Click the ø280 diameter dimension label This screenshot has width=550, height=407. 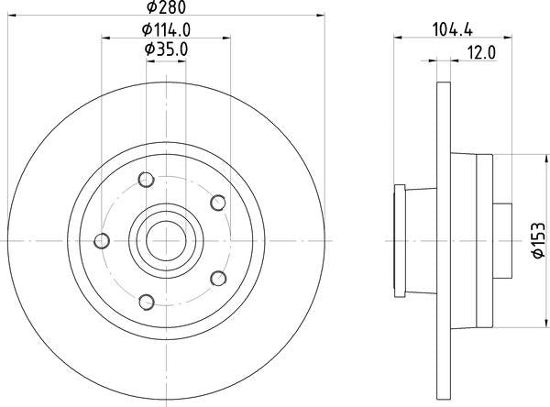pyautogui.click(x=166, y=7)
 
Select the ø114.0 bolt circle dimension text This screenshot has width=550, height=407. pyautogui.click(x=166, y=30)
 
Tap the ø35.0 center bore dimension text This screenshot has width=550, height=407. pyautogui.click(x=166, y=49)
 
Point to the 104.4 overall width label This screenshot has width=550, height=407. pyautogui.click(x=453, y=29)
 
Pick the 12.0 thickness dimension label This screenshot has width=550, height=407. pyautogui.click(x=481, y=53)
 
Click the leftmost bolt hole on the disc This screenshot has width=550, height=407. pyautogui.click(x=102, y=241)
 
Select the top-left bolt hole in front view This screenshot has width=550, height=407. pyautogui.click(x=146, y=180)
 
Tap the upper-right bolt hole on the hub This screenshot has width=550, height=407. pyautogui.click(x=218, y=203)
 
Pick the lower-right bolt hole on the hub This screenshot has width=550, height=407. pyautogui.click(x=218, y=279)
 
